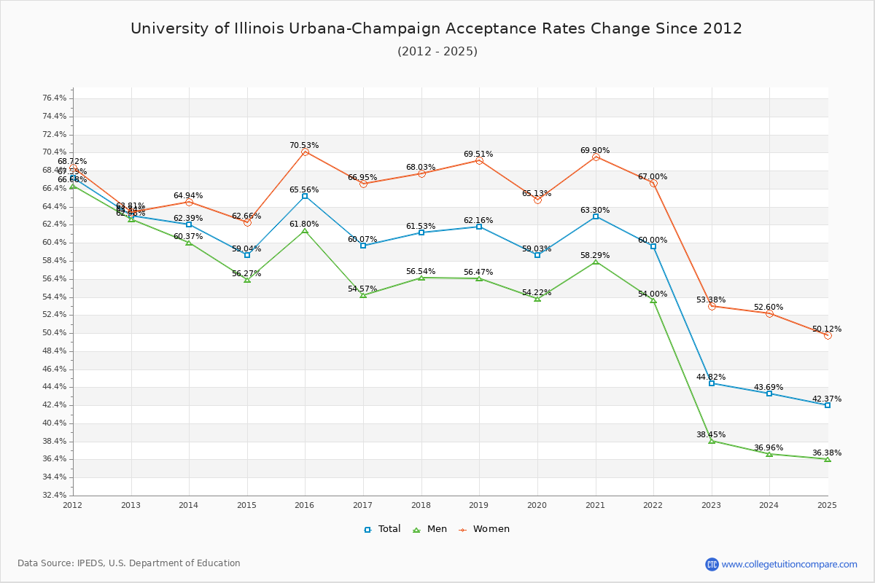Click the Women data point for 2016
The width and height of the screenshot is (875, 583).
click(305, 152)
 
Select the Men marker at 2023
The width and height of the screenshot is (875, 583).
click(712, 441)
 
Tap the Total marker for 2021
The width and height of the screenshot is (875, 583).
click(596, 216)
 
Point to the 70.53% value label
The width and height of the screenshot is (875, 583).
click(304, 146)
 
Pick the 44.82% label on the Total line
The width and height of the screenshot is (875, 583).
click(711, 377)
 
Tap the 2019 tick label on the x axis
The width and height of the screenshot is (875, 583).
click(479, 505)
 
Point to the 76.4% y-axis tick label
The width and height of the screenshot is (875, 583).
click(55, 98)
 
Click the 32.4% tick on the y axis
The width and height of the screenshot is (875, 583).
click(55, 496)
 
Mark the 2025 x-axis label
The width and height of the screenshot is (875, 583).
click(828, 505)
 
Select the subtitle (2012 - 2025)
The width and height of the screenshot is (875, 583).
click(437, 52)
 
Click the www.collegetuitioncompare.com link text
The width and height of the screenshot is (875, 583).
click(790, 564)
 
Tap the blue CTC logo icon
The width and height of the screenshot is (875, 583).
click(712, 564)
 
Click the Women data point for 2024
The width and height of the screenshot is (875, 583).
click(769, 313)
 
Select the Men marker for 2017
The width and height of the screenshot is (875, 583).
click(363, 295)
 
